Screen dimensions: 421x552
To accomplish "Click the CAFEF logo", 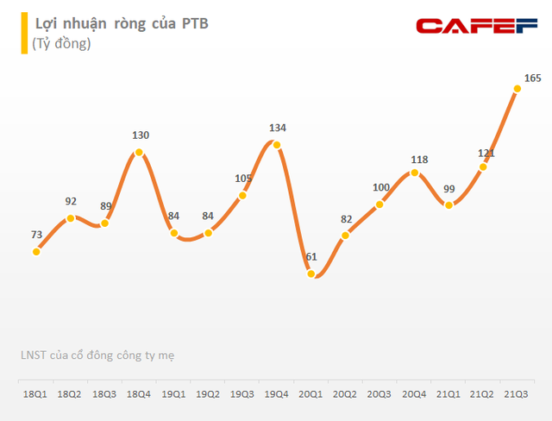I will (x=478, y=26).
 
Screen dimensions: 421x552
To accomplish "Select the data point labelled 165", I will (x=517, y=87).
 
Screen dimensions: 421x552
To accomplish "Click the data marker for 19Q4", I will (x=277, y=144).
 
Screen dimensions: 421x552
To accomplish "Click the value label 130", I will (x=140, y=135).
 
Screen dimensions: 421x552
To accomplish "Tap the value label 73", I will (x=36, y=234).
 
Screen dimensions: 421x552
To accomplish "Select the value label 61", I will (x=311, y=256).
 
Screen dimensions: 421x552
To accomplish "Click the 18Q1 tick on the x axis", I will (x=35, y=393).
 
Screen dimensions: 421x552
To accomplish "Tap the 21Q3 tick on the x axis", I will (x=517, y=393).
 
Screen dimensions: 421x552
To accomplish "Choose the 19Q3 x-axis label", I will (x=242, y=393).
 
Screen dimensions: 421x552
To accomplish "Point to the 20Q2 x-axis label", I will (x=346, y=393).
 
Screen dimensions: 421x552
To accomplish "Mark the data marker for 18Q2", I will (x=71, y=217).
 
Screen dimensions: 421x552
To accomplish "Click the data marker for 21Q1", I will (x=449, y=204).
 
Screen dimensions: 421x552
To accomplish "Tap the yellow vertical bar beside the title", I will (x=23, y=32).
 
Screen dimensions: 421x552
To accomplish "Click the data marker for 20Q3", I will (x=380, y=205).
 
